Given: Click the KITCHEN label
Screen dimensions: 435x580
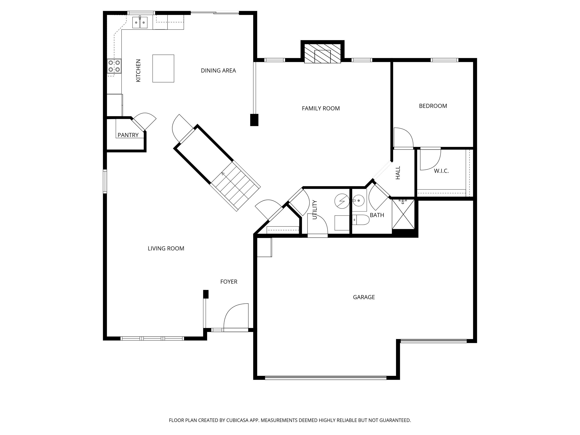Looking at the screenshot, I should point(138,70).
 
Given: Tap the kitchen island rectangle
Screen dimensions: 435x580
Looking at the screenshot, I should point(163,68).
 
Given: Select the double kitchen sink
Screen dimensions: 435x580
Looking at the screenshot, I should point(140,23).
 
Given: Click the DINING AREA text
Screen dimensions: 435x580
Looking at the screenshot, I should point(218,71).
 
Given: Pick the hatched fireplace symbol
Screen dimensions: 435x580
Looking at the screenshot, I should point(322,54).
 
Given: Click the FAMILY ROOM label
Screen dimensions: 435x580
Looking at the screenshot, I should point(320,108).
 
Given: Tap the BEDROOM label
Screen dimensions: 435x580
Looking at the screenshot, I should point(433,106).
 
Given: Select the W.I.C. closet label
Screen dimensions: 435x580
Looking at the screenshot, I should point(441,171).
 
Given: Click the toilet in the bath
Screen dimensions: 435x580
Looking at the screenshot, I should point(361,220).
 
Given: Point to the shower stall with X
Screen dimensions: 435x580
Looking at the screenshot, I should point(403,215).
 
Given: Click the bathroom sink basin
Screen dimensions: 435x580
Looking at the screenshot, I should point(359,201).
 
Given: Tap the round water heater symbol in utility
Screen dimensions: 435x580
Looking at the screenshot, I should point(342,201).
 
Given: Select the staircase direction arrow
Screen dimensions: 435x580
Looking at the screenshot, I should point(223,174).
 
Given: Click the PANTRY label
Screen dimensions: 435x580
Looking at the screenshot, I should point(128,135).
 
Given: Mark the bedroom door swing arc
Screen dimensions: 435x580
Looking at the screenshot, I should point(404,137).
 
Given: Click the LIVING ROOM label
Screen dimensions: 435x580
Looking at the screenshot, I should point(166,248).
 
